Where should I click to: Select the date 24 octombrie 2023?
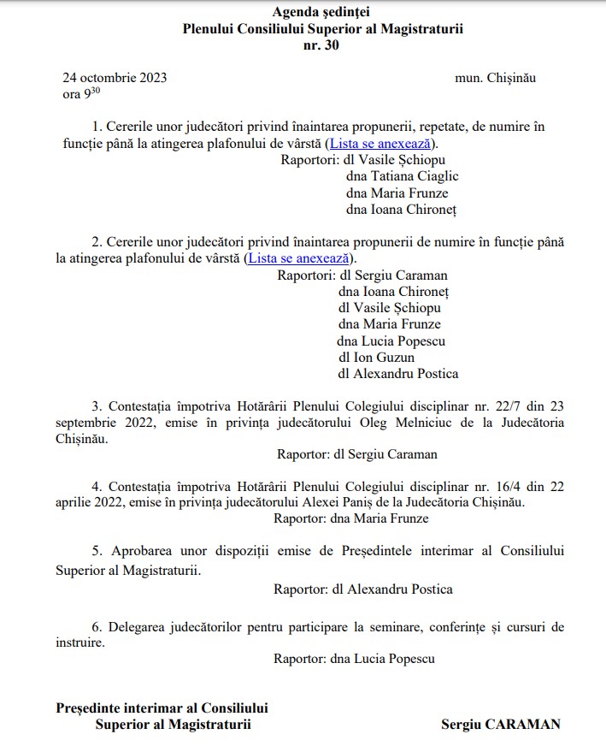tap(115, 78)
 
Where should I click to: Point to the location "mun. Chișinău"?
tap(496, 78)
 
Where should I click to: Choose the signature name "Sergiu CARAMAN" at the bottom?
tap(501, 724)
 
